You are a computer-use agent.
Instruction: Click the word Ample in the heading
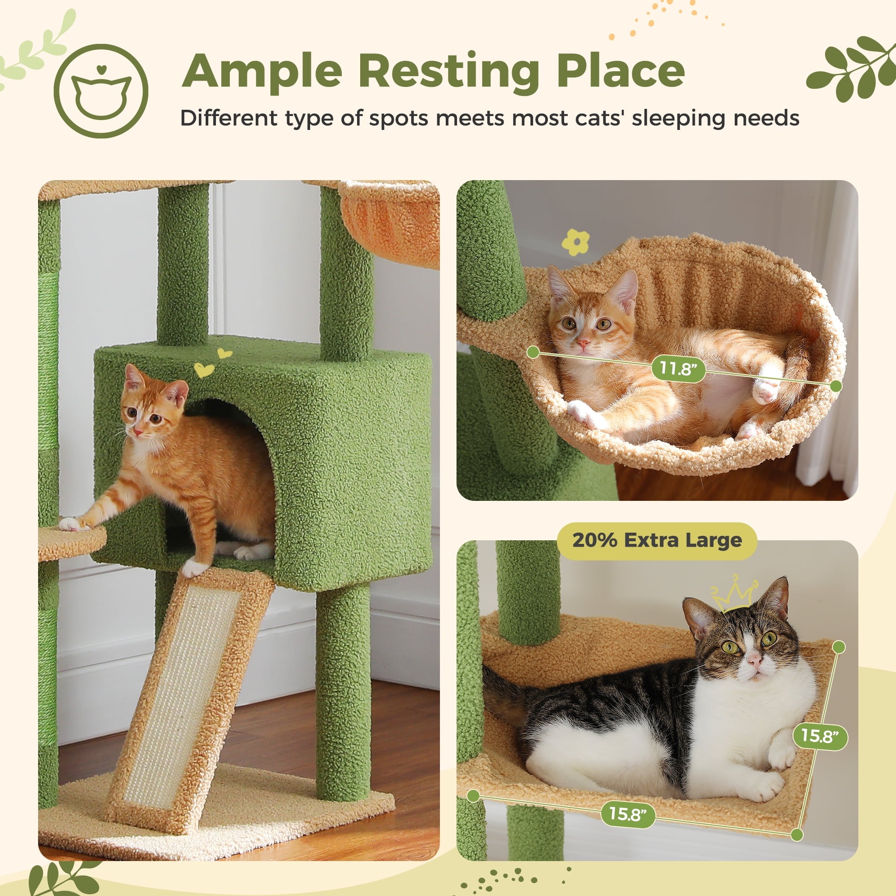click(262, 72)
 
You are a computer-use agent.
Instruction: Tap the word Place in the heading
click(620, 72)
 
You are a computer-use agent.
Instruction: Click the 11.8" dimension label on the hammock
click(678, 369)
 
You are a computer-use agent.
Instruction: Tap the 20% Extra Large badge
click(657, 540)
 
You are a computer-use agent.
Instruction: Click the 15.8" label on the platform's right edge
click(820, 736)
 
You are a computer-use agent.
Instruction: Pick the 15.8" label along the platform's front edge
click(628, 814)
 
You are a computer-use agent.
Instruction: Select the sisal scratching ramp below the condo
click(185, 686)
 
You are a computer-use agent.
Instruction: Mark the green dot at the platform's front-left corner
click(473, 796)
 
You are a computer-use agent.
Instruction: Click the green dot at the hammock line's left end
click(533, 352)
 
